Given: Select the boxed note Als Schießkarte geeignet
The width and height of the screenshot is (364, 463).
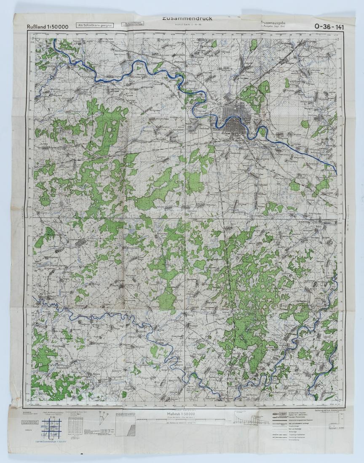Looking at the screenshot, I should (94, 25).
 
